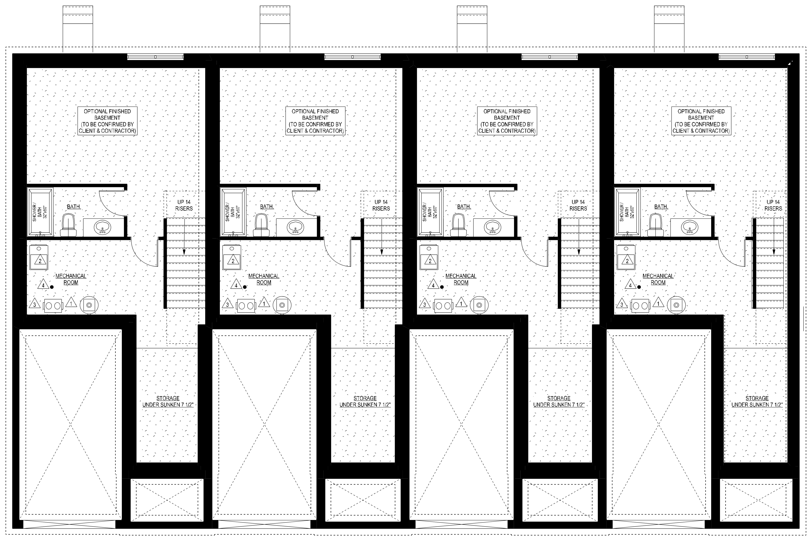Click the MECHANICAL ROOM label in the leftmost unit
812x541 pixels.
(71, 279)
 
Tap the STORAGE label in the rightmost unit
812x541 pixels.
(757, 398)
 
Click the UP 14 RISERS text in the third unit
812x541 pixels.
(578, 205)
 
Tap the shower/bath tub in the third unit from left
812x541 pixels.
(430, 212)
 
